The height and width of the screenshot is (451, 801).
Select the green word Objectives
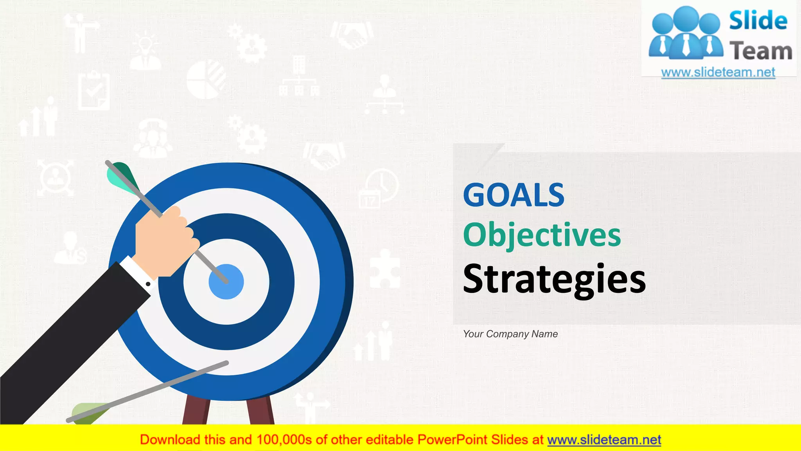(x=542, y=235)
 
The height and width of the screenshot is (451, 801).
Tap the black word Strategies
(x=554, y=279)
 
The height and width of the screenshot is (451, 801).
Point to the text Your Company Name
(x=510, y=334)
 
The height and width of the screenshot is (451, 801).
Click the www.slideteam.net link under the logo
(x=718, y=72)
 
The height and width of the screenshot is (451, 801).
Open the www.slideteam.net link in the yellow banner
(x=604, y=440)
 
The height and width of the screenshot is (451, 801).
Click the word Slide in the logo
(x=758, y=21)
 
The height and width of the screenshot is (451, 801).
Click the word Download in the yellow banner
(x=170, y=440)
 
